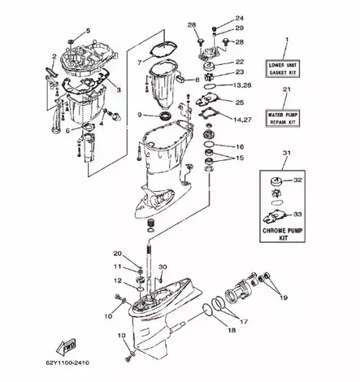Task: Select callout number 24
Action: (x=239, y=18)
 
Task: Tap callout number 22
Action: (x=239, y=62)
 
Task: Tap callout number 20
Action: (x=117, y=254)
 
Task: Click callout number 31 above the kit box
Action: (x=285, y=153)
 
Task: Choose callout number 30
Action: (x=163, y=267)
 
